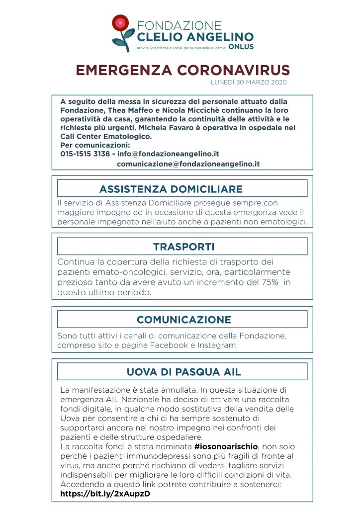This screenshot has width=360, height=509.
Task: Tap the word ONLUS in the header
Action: pyautogui.click(x=241, y=47)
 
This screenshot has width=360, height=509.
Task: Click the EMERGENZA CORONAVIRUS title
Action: pyautogui.click(x=182, y=70)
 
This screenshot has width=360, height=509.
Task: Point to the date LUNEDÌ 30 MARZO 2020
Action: pyautogui.click(x=249, y=82)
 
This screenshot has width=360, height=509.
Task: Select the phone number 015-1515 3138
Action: pyautogui.click(x=85, y=154)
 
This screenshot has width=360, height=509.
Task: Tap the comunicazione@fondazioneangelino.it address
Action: pyautogui.click(x=188, y=164)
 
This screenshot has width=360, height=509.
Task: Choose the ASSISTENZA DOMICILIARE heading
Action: pyautogui.click(x=171, y=189)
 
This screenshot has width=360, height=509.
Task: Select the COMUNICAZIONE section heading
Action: pyautogui.click(x=184, y=320)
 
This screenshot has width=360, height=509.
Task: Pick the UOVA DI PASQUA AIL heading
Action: pyautogui.click(x=184, y=372)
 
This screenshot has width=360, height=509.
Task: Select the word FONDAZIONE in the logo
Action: pyautogui.click(x=179, y=25)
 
